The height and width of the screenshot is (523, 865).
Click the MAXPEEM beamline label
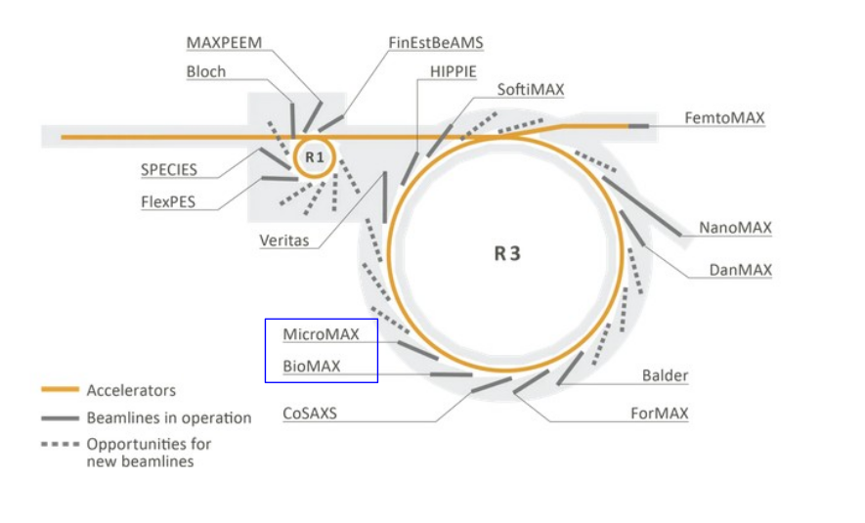224,43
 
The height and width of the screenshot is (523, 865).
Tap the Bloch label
205,71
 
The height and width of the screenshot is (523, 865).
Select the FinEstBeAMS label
435,43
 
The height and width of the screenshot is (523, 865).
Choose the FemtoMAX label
724,118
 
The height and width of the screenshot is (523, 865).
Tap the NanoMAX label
735,228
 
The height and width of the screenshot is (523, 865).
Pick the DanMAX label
740,269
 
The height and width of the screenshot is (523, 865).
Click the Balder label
665,375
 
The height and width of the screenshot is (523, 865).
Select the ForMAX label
659,414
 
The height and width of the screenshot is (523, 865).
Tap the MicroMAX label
322,334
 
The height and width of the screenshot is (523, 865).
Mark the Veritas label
284,240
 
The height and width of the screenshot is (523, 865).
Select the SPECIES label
168,169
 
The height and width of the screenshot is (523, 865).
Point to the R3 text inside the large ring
507,254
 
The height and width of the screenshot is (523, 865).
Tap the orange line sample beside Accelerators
59,390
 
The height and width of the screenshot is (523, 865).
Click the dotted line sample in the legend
59,444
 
